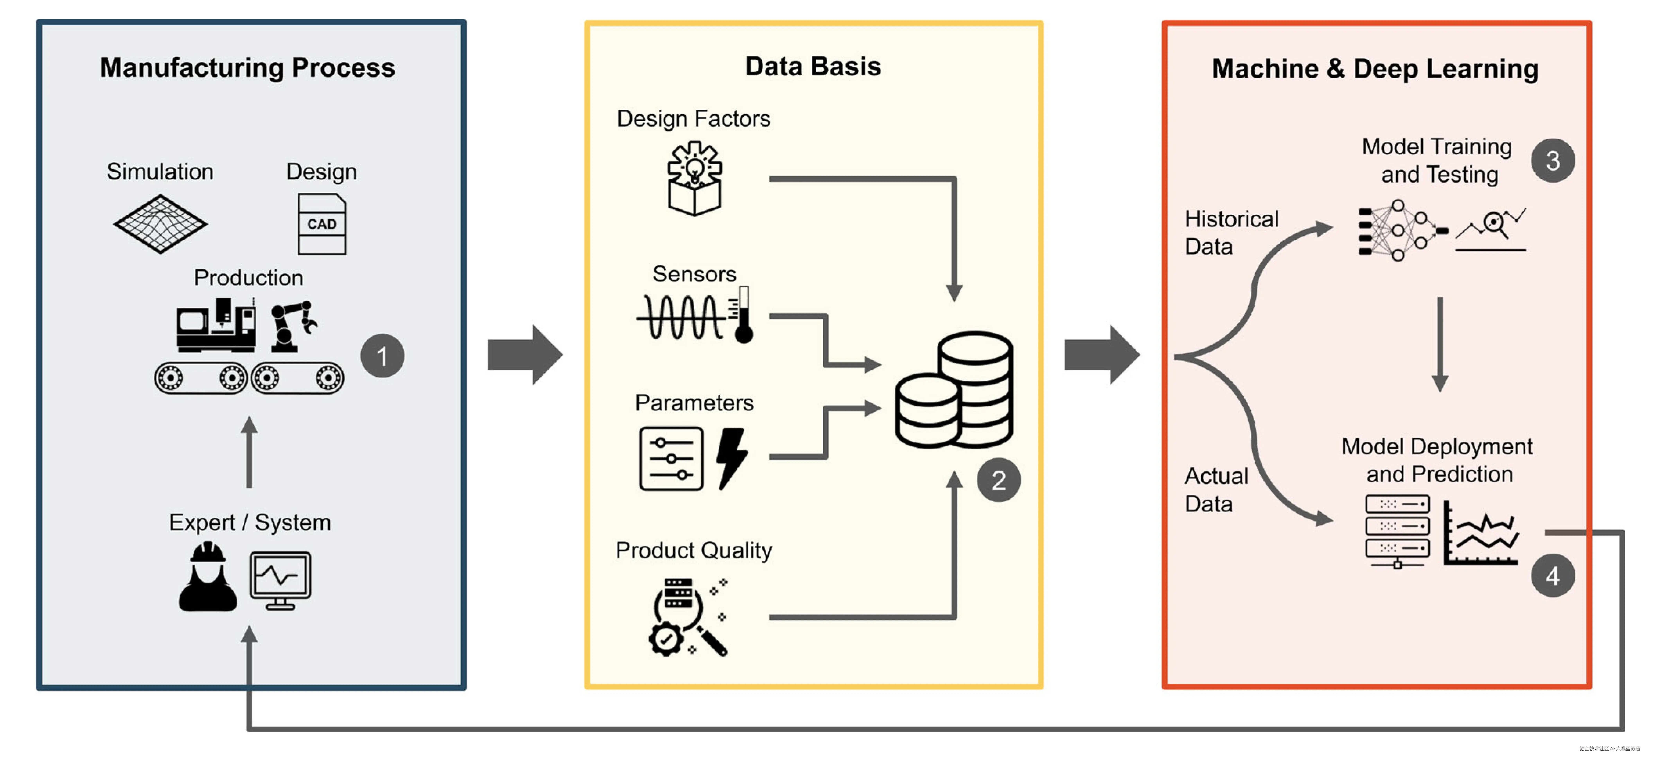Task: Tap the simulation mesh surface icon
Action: click(x=160, y=224)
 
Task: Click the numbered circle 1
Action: click(x=382, y=356)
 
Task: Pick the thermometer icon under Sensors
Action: click(x=744, y=315)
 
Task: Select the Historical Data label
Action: click(x=1231, y=233)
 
